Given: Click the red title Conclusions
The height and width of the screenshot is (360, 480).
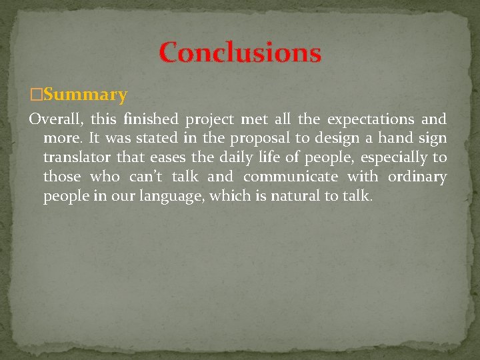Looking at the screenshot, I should pos(240,53).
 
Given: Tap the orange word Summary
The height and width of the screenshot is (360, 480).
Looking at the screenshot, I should pos(85,95).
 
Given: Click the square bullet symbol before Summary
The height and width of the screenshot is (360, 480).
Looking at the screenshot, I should pos(36,95).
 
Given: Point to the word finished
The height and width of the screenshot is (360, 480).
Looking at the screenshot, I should pos(151,119).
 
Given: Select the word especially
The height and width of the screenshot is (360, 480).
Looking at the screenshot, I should pos(385,159).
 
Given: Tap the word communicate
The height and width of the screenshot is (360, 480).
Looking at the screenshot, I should pos(291,177).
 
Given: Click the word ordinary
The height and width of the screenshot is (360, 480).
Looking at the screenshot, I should pos(415,177).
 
